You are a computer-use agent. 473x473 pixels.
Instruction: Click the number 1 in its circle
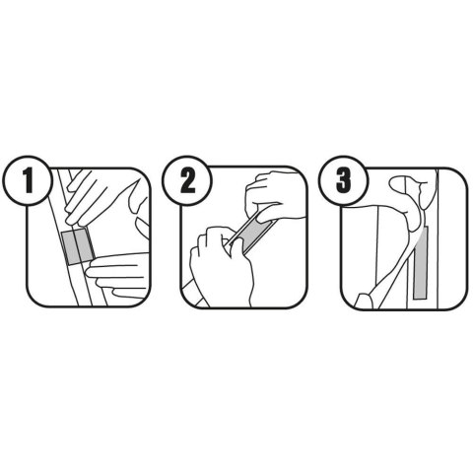pyautogui.click(x=29, y=180)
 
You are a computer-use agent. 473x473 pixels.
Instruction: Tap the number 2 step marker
pyautogui.click(x=187, y=180)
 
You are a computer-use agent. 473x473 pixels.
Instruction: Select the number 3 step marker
pyautogui.click(x=344, y=180)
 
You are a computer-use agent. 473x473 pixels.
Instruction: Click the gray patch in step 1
pyautogui.click(x=78, y=246)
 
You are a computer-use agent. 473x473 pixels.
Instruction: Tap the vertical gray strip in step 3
pyautogui.click(x=421, y=262)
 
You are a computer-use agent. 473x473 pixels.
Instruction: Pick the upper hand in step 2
pyautogui.click(x=276, y=197)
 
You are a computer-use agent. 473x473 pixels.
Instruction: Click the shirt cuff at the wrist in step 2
pyautogui.click(x=194, y=293)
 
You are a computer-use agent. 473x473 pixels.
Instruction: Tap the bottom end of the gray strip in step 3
pyautogui.click(x=421, y=299)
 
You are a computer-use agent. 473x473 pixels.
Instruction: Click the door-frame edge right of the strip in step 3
pyautogui.click(x=438, y=238)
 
